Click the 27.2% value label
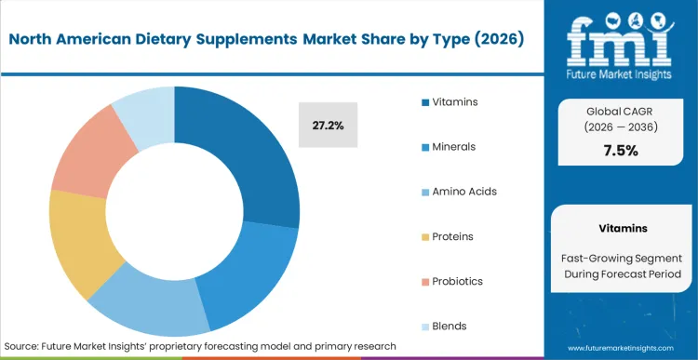[328, 125]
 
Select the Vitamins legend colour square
[425, 101]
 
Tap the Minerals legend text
[455, 146]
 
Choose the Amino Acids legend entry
[463, 192]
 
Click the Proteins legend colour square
[425, 236]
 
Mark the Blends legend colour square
[425, 327]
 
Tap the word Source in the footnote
[25, 346]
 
